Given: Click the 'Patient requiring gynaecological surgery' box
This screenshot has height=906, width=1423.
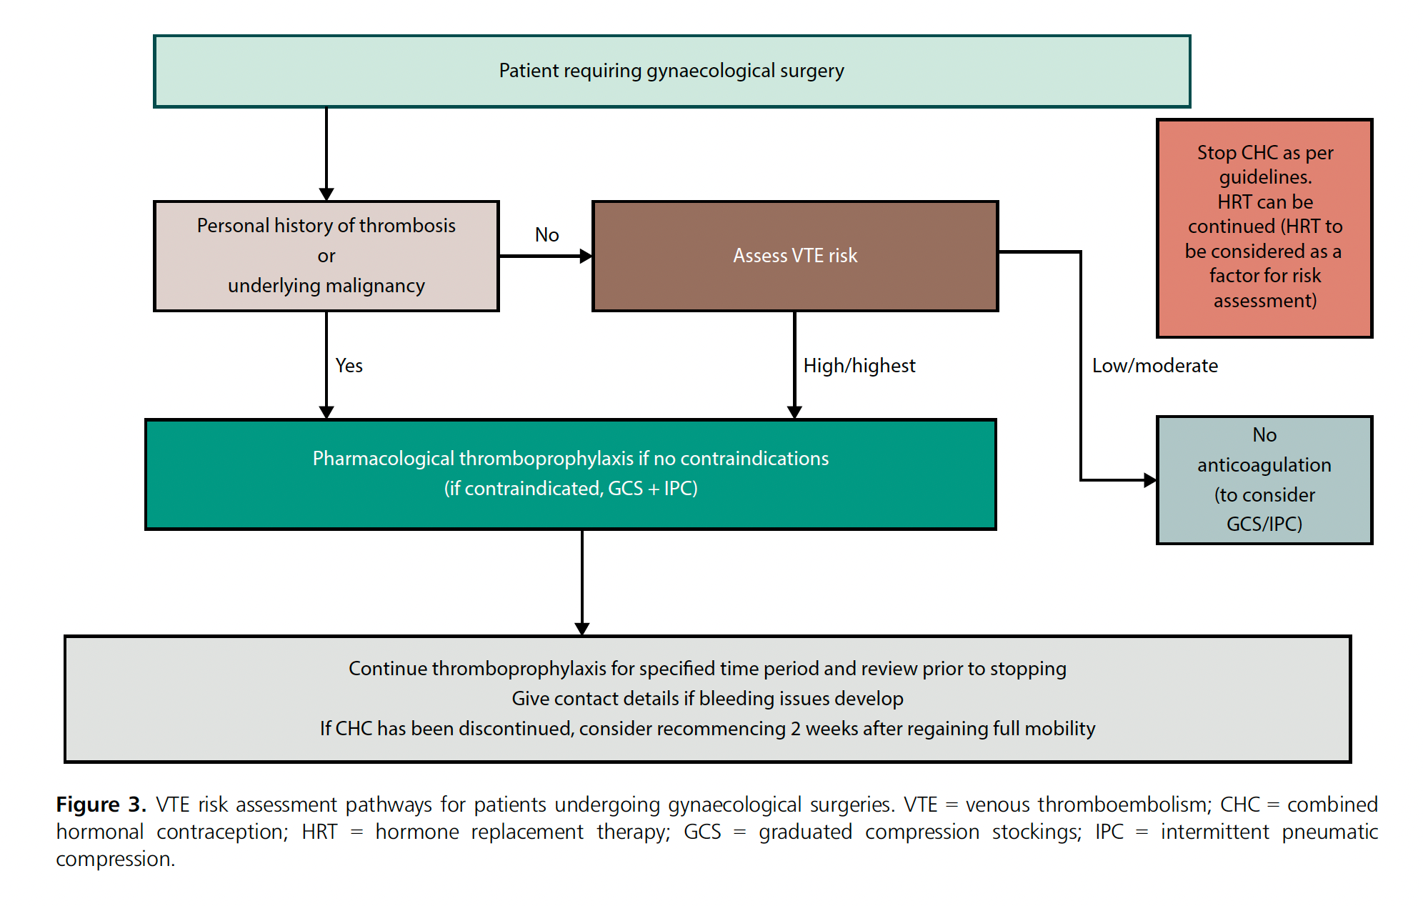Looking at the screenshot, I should (x=671, y=71).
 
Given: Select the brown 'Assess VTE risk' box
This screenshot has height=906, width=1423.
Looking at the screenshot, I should (x=794, y=256).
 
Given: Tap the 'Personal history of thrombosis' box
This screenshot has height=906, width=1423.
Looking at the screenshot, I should (x=326, y=256).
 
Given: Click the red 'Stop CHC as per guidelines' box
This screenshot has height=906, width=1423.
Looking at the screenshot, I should (x=1264, y=227).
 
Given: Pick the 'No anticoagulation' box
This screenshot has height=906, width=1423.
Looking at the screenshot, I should (x=1264, y=479).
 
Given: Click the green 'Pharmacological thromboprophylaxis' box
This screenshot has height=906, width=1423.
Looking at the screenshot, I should (x=570, y=474).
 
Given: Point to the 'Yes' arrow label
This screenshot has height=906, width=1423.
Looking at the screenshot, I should (x=349, y=366).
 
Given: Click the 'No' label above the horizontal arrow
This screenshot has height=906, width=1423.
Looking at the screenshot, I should (x=546, y=235).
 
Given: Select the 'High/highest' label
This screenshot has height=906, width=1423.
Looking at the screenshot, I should (x=859, y=366).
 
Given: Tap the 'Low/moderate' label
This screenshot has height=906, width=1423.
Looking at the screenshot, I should (x=1154, y=366).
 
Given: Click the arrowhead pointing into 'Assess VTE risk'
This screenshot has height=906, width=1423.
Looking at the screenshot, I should (x=586, y=256).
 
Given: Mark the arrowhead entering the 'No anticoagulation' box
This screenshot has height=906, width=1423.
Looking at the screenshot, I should (x=1150, y=480).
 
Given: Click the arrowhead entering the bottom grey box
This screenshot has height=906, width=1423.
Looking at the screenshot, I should (x=582, y=629).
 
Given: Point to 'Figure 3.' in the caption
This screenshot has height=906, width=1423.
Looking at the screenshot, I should (x=101, y=805).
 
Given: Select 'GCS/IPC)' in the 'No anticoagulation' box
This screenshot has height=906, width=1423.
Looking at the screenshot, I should (x=1264, y=524).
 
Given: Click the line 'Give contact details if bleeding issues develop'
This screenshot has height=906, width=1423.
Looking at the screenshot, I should (x=707, y=699).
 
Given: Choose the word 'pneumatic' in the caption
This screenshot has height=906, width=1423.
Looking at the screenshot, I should (x=1329, y=832).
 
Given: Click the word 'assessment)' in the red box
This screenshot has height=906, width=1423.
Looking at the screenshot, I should (x=1264, y=301).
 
